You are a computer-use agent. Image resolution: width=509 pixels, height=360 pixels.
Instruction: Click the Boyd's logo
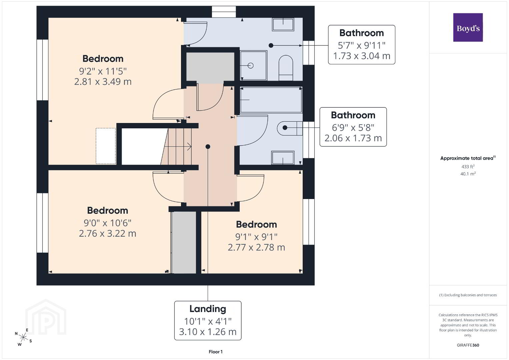[x=468, y=27]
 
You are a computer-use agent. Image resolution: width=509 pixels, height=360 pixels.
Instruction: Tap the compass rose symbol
[x=23, y=337]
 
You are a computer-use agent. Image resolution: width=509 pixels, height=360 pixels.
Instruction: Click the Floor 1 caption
[x=215, y=352]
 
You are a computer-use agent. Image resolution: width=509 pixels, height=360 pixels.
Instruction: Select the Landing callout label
[x=208, y=320]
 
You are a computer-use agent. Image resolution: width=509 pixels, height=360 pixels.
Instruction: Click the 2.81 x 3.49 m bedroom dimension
[x=103, y=82]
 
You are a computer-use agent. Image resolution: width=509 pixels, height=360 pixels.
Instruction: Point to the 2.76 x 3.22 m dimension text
[x=107, y=233]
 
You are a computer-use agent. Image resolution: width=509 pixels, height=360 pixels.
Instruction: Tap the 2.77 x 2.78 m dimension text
[x=256, y=247]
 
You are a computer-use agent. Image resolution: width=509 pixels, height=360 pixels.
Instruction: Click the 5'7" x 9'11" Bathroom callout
[x=362, y=45]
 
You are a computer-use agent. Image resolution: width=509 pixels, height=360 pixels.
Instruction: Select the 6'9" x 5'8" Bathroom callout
[x=353, y=127]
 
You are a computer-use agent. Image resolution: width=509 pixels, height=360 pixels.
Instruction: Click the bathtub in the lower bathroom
[x=271, y=100]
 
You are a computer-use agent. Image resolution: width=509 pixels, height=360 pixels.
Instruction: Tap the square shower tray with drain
[x=253, y=65]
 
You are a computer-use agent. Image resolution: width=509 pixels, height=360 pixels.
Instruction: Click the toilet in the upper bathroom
[x=286, y=68]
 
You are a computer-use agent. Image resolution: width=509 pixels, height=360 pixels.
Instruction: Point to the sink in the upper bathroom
[x=283, y=24]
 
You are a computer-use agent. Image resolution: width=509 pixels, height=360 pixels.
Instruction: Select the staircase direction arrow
[x=177, y=147]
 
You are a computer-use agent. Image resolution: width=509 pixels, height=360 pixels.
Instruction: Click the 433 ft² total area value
[x=468, y=166]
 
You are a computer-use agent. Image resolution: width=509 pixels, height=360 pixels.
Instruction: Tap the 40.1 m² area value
[x=468, y=174]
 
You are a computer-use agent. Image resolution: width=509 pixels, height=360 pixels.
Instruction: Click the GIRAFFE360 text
[x=468, y=345]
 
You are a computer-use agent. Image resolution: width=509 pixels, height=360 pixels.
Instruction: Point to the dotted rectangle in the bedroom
[x=106, y=146]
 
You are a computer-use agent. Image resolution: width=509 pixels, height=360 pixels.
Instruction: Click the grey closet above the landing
[x=210, y=66]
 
